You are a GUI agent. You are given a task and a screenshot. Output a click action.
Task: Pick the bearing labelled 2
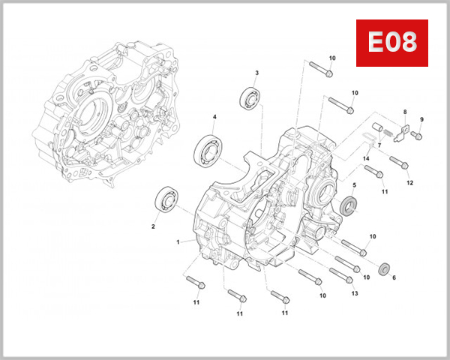166,200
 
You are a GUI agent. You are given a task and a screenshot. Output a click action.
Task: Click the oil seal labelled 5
349,206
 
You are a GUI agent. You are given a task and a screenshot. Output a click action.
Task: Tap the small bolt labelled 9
418,136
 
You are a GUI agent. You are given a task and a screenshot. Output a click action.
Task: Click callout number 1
178,242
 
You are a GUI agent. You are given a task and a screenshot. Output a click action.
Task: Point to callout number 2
154,226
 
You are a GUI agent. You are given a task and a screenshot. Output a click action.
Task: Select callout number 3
256,73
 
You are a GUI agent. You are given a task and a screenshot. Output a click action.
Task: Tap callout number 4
214,117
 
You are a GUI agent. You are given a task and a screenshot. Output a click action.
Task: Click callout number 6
394,277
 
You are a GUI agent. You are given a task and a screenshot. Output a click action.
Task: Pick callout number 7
380,144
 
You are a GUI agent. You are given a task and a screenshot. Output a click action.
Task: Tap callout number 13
355,293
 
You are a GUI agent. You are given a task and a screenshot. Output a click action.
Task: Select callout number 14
367,159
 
